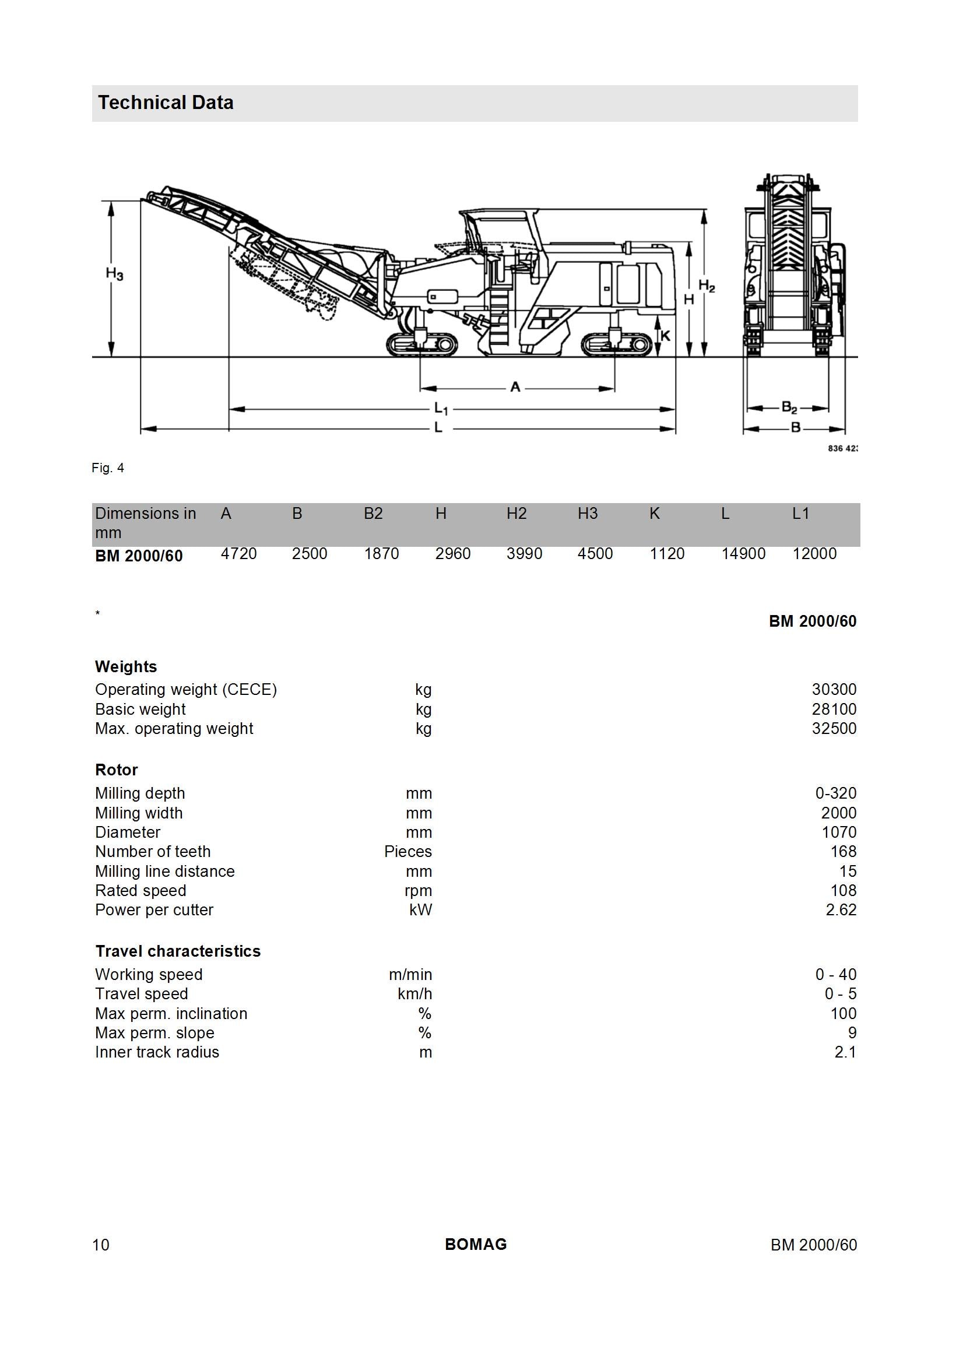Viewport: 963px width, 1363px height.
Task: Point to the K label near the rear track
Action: (665, 336)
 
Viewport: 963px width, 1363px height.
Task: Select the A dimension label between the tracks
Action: (515, 387)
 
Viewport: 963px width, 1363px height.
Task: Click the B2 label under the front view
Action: (789, 408)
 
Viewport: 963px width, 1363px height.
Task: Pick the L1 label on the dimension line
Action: (441, 409)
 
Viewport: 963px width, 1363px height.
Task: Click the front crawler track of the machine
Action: (422, 345)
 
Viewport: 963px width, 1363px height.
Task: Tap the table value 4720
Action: (238, 554)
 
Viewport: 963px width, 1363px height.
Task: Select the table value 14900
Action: (743, 554)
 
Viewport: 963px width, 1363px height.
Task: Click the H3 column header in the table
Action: (588, 514)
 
